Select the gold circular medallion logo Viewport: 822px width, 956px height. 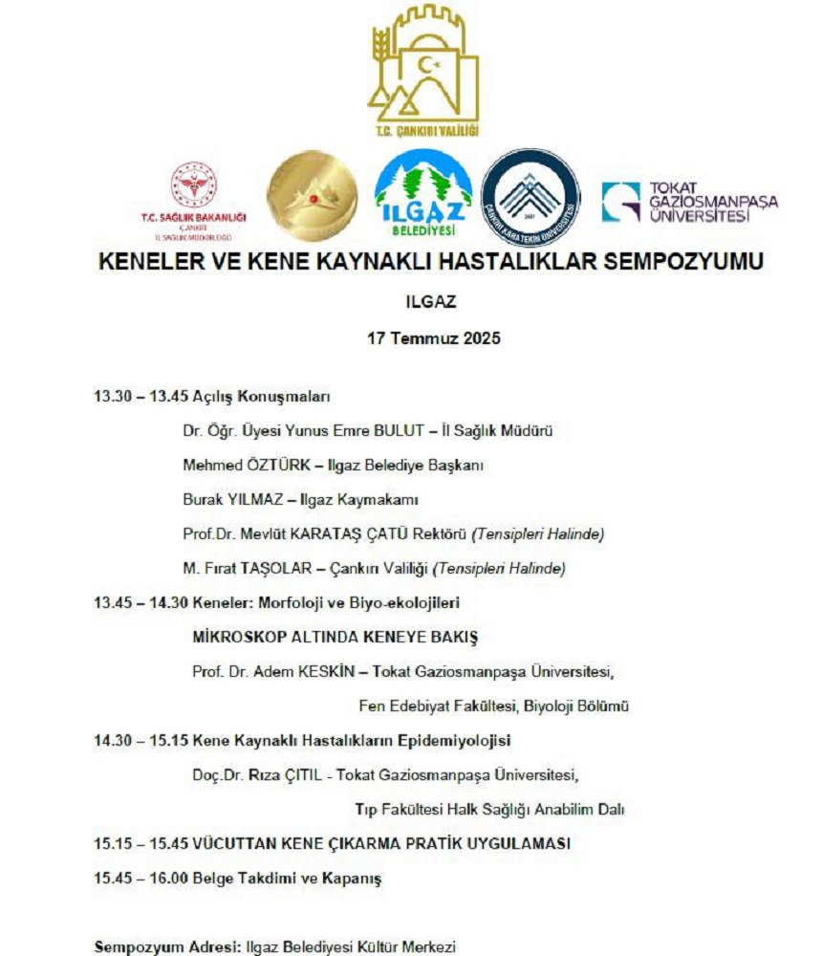click(x=312, y=196)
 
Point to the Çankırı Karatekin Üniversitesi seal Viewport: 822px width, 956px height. click(x=530, y=196)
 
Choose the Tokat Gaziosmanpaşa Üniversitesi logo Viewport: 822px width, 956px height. click(x=689, y=202)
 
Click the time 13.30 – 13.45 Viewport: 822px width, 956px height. click(x=141, y=397)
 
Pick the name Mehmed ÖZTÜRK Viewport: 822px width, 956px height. click(x=246, y=466)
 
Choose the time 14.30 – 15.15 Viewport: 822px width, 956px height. click(x=141, y=740)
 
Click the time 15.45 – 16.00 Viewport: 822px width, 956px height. click(x=141, y=878)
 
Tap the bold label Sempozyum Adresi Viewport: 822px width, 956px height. click(x=158, y=947)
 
